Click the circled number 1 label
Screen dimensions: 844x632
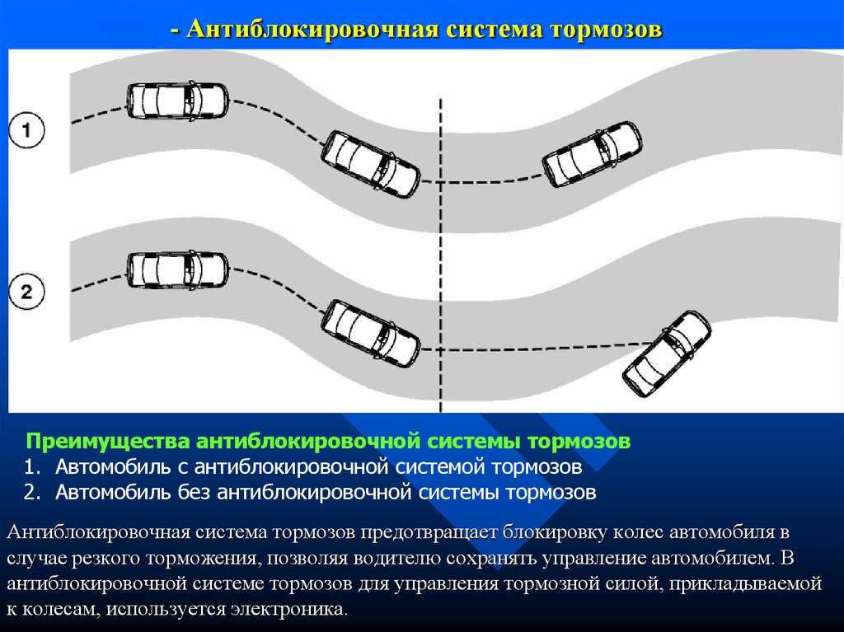(27, 129)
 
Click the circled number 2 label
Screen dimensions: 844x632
(27, 292)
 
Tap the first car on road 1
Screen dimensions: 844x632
(178, 101)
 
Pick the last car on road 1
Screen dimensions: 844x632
(592, 153)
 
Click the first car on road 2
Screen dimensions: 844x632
(178, 270)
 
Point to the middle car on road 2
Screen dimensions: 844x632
(370, 333)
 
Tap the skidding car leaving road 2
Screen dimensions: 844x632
(667, 353)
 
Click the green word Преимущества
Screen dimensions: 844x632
(108, 442)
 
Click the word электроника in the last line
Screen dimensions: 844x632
(289, 609)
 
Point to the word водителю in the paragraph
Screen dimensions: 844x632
(406, 558)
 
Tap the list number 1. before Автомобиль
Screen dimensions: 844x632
(32, 466)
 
